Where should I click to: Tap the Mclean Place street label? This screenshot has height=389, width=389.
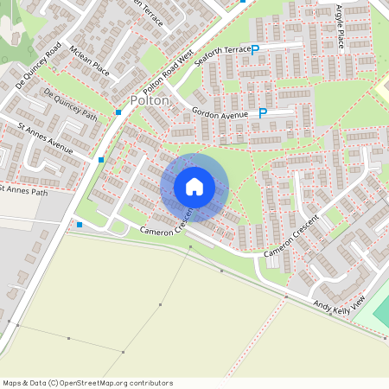89,61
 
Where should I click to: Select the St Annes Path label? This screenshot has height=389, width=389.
24,189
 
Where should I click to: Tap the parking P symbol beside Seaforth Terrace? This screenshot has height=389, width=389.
255,49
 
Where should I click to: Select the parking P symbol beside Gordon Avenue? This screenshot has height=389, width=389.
264,113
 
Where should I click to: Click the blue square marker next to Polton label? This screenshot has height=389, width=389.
118,112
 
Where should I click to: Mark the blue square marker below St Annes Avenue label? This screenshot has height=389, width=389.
101,160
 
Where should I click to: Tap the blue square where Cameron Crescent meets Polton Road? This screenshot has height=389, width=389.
80,225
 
